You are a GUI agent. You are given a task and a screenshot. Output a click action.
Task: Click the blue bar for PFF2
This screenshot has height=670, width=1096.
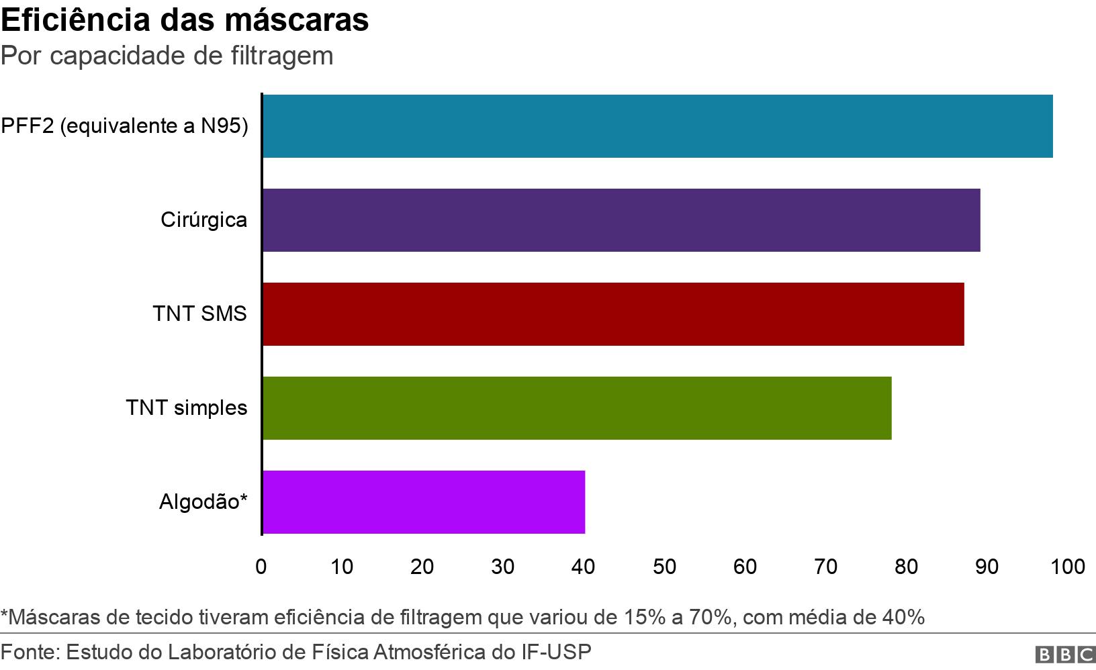pyautogui.click(x=657, y=126)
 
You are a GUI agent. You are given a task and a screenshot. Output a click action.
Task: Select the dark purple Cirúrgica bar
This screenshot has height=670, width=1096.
pyautogui.click(x=621, y=220)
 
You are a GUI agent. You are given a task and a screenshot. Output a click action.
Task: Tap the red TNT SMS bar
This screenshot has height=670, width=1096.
pyautogui.click(x=612, y=314)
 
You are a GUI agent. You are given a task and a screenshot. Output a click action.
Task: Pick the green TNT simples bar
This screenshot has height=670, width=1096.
pyautogui.click(x=576, y=408)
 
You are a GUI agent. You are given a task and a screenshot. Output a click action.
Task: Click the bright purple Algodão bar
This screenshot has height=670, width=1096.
pyautogui.click(x=423, y=502)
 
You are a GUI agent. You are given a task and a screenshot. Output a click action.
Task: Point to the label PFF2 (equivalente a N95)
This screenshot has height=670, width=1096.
pyautogui.click(x=124, y=126)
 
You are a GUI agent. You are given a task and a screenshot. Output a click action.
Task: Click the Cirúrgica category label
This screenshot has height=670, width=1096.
pyautogui.click(x=203, y=220)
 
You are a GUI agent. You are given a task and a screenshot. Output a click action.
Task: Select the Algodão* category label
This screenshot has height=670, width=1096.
pyautogui.click(x=203, y=502)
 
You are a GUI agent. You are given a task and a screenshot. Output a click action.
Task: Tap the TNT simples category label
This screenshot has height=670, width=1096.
pyautogui.click(x=187, y=408)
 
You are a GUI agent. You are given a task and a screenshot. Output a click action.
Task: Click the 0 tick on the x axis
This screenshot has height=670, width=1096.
pyautogui.click(x=261, y=567)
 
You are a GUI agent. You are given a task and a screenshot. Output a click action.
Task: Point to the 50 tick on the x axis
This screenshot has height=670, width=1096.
pyautogui.click(x=664, y=567)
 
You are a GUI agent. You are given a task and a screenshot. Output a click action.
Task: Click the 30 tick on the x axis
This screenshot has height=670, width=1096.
pyautogui.click(x=503, y=567)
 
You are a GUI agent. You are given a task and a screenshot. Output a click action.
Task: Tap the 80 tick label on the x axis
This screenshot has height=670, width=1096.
pyautogui.click(x=906, y=567)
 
